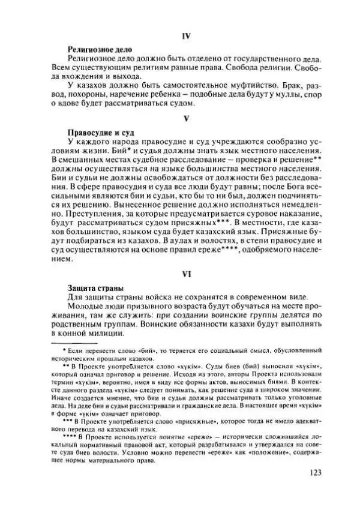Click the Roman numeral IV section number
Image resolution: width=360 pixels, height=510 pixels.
pyautogui.click(x=185, y=36)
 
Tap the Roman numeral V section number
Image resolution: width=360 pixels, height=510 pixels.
pyautogui.click(x=185, y=119)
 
